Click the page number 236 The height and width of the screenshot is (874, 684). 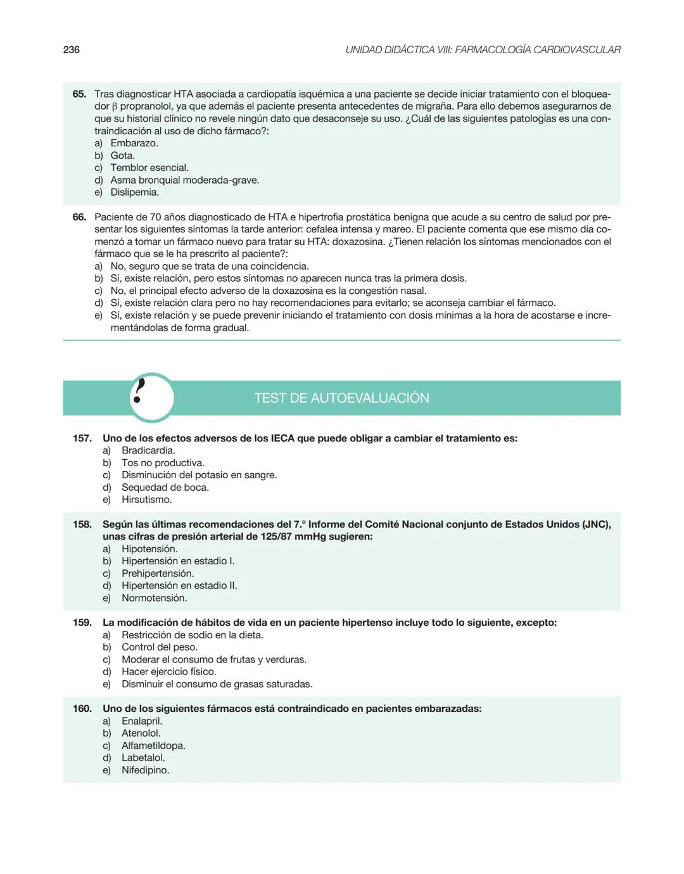pyautogui.click(x=72, y=49)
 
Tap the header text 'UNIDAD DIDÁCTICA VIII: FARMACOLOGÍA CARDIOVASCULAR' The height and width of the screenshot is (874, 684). pyautogui.click(x=483, y=49)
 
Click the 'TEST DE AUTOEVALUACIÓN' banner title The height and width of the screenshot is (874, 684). pyautogui.click(x=341, y=398)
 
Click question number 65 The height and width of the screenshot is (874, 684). pyautogui.click(x=79, y=94)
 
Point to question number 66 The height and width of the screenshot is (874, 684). pyautogui.click(x=79, y=217)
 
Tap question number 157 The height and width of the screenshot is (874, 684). pyautogui.click(x=82, y=438)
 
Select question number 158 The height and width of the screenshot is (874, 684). pyautogui.click(x=82, y=524)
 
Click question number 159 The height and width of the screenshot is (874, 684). pyautogui.click(x=82, y=623)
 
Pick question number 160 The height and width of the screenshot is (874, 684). pyautogui.click(x=82, y=709)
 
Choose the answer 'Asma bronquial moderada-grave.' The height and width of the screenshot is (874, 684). pyautogui.click(x=184, y=180)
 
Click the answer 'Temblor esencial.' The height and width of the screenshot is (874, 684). pyautogui.click(x=149, y=168)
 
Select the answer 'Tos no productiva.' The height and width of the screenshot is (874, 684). pyautogui.click(x=163, y=463)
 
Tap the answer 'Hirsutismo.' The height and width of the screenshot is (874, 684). pyautogui.click(x=146, y=500)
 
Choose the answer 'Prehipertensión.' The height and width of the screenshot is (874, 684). pyautogui.click(x=158, y=573)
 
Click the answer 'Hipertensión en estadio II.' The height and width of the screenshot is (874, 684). pyautogui.click(x=179, y=586)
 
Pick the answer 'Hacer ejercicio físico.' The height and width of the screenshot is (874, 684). pyautogui.click(x=168, y=672)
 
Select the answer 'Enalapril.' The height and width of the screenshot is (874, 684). pyautogui.click(x=142, y=721)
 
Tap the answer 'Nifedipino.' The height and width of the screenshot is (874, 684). pyautogui.click(x=145, y=770)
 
